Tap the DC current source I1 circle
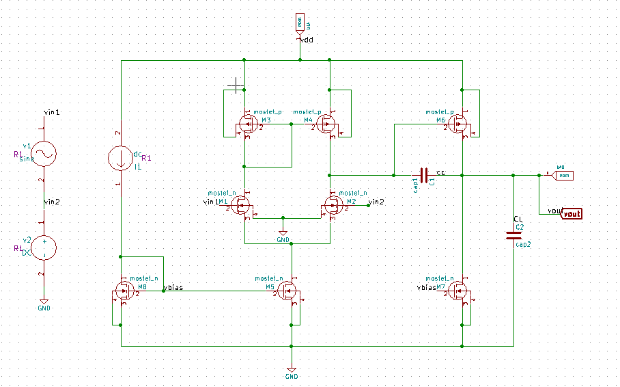coord(121,159)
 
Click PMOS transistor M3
coord(244,124)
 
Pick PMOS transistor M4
coord(328,124)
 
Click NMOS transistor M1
coord(242,206)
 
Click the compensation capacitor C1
coord(425,176)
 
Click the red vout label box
coord(572,214)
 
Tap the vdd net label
coord(307,41)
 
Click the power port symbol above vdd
coord(300,23)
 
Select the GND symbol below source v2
coord(44,302)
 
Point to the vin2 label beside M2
coord(376,202)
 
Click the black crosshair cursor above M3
coord(235,86)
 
